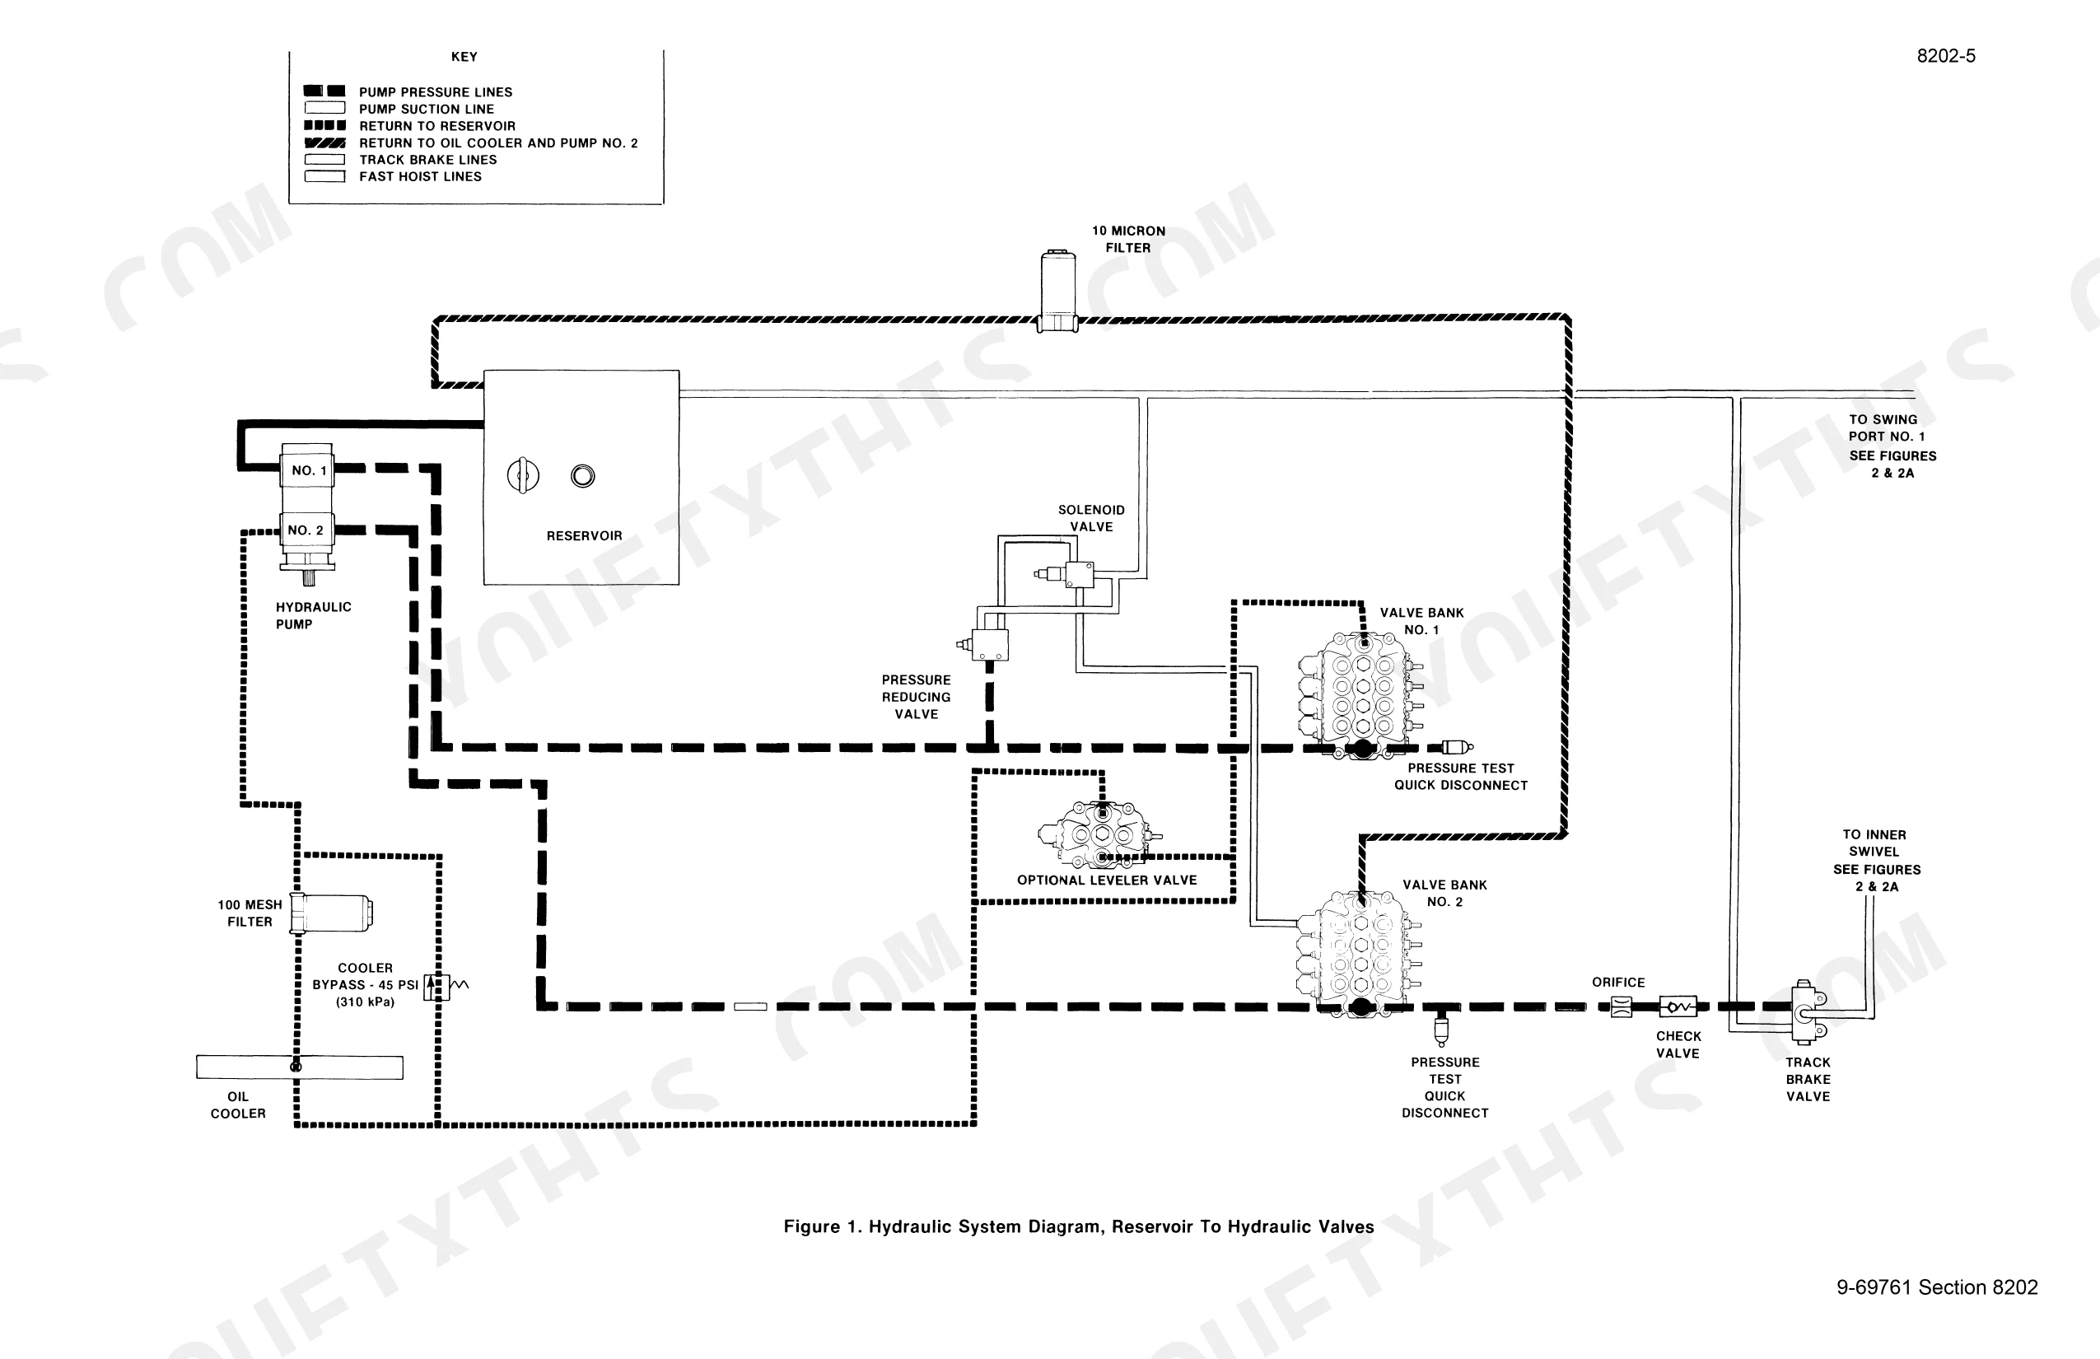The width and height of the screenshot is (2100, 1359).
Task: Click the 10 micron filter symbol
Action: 1058,292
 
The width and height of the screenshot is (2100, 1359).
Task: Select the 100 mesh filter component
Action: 332,912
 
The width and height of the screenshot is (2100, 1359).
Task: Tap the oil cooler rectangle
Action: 300,1067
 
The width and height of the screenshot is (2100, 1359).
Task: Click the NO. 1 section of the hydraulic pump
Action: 307,469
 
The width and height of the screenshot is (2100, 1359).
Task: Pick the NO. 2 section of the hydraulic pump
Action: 307,531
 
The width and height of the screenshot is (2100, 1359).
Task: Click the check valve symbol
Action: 1678,1006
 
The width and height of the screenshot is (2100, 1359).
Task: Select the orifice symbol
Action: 1621,1006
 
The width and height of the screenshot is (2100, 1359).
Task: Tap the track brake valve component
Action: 1806,1013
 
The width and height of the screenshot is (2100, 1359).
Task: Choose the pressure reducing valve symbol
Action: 986,644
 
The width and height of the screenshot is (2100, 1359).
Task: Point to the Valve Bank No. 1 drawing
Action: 1360,695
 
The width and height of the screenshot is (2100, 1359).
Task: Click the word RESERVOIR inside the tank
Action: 584,535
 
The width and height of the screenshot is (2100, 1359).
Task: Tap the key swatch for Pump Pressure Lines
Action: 324,91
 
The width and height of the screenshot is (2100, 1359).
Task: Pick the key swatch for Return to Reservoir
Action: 324,125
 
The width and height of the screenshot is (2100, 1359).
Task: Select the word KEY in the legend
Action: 464,57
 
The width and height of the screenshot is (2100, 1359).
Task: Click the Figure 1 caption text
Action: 1079,1226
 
